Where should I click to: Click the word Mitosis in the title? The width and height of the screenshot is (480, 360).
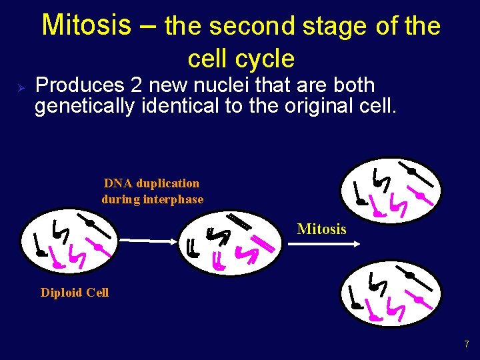click(86, 25)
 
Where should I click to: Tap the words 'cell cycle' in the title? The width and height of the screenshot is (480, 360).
click(241, 59)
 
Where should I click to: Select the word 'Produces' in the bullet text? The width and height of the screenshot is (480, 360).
click(79, 85)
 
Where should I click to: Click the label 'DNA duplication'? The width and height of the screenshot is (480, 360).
click(151, 183)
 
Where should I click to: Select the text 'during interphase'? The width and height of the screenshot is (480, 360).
click(152, 199)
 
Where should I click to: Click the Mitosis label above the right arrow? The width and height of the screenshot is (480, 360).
click(321, 229)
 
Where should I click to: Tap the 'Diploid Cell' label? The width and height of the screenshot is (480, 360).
click(75, 293)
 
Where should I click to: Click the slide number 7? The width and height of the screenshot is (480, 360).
click(467, 345)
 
